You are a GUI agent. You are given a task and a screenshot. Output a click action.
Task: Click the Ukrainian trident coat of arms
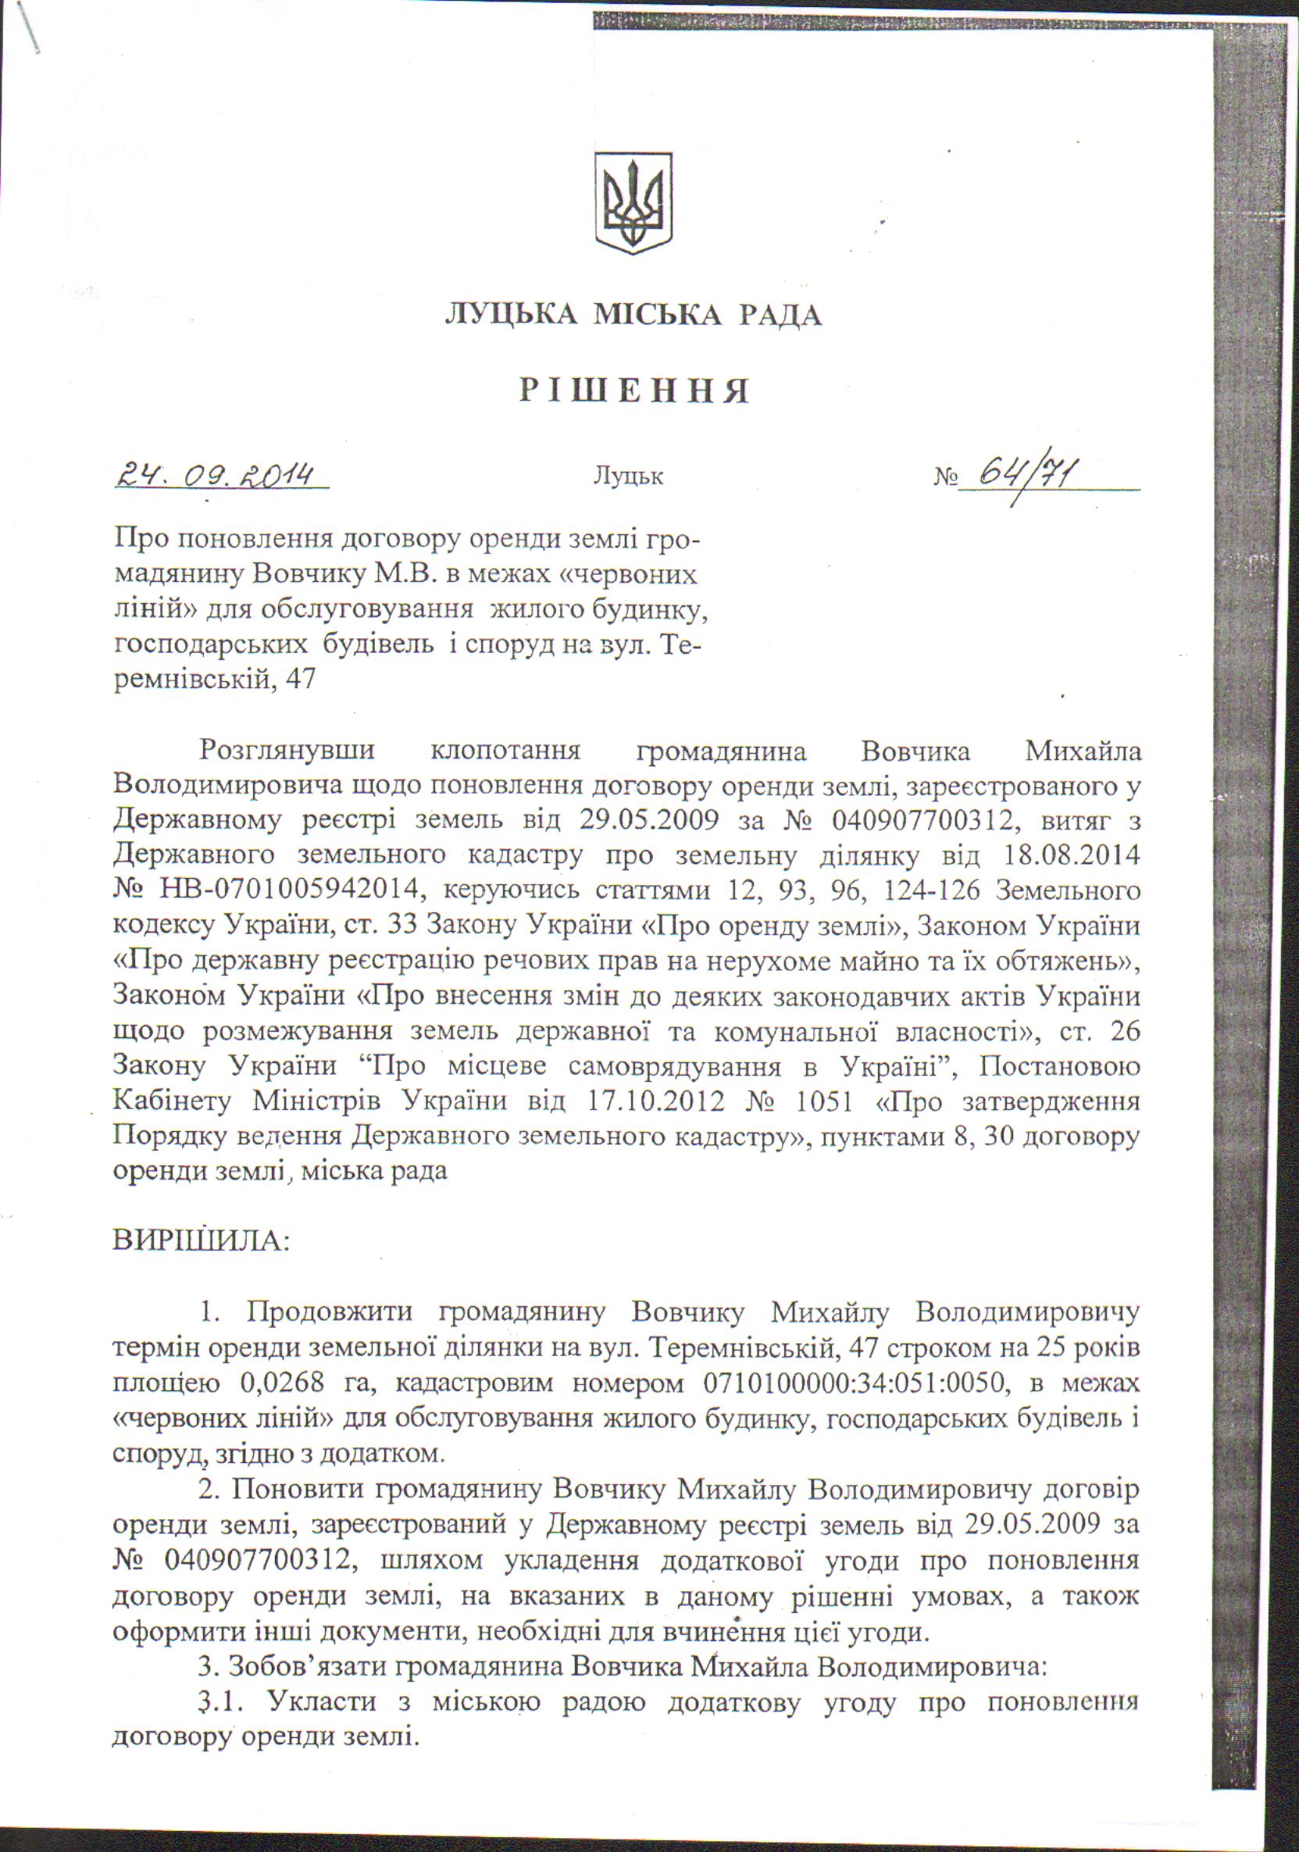pos(633,202)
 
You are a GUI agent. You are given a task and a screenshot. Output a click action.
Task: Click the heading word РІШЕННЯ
pos(634,391)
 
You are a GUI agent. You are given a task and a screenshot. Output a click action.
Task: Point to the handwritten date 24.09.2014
pos(216,475)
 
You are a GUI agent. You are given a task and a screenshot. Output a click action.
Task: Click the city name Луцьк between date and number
pos(629,476)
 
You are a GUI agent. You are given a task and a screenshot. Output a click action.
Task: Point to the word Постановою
pos(1058,1066)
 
